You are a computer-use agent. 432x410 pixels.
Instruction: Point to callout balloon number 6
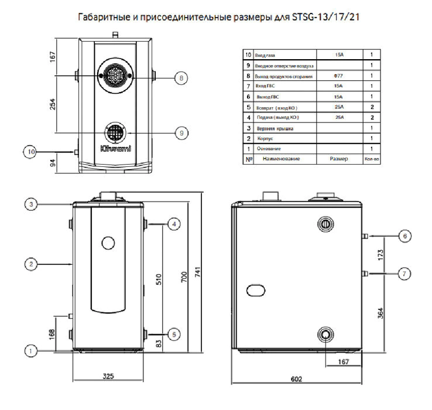click(x=403, y=235)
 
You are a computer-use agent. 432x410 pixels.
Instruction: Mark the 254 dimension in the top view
click(x=53, y=103)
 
